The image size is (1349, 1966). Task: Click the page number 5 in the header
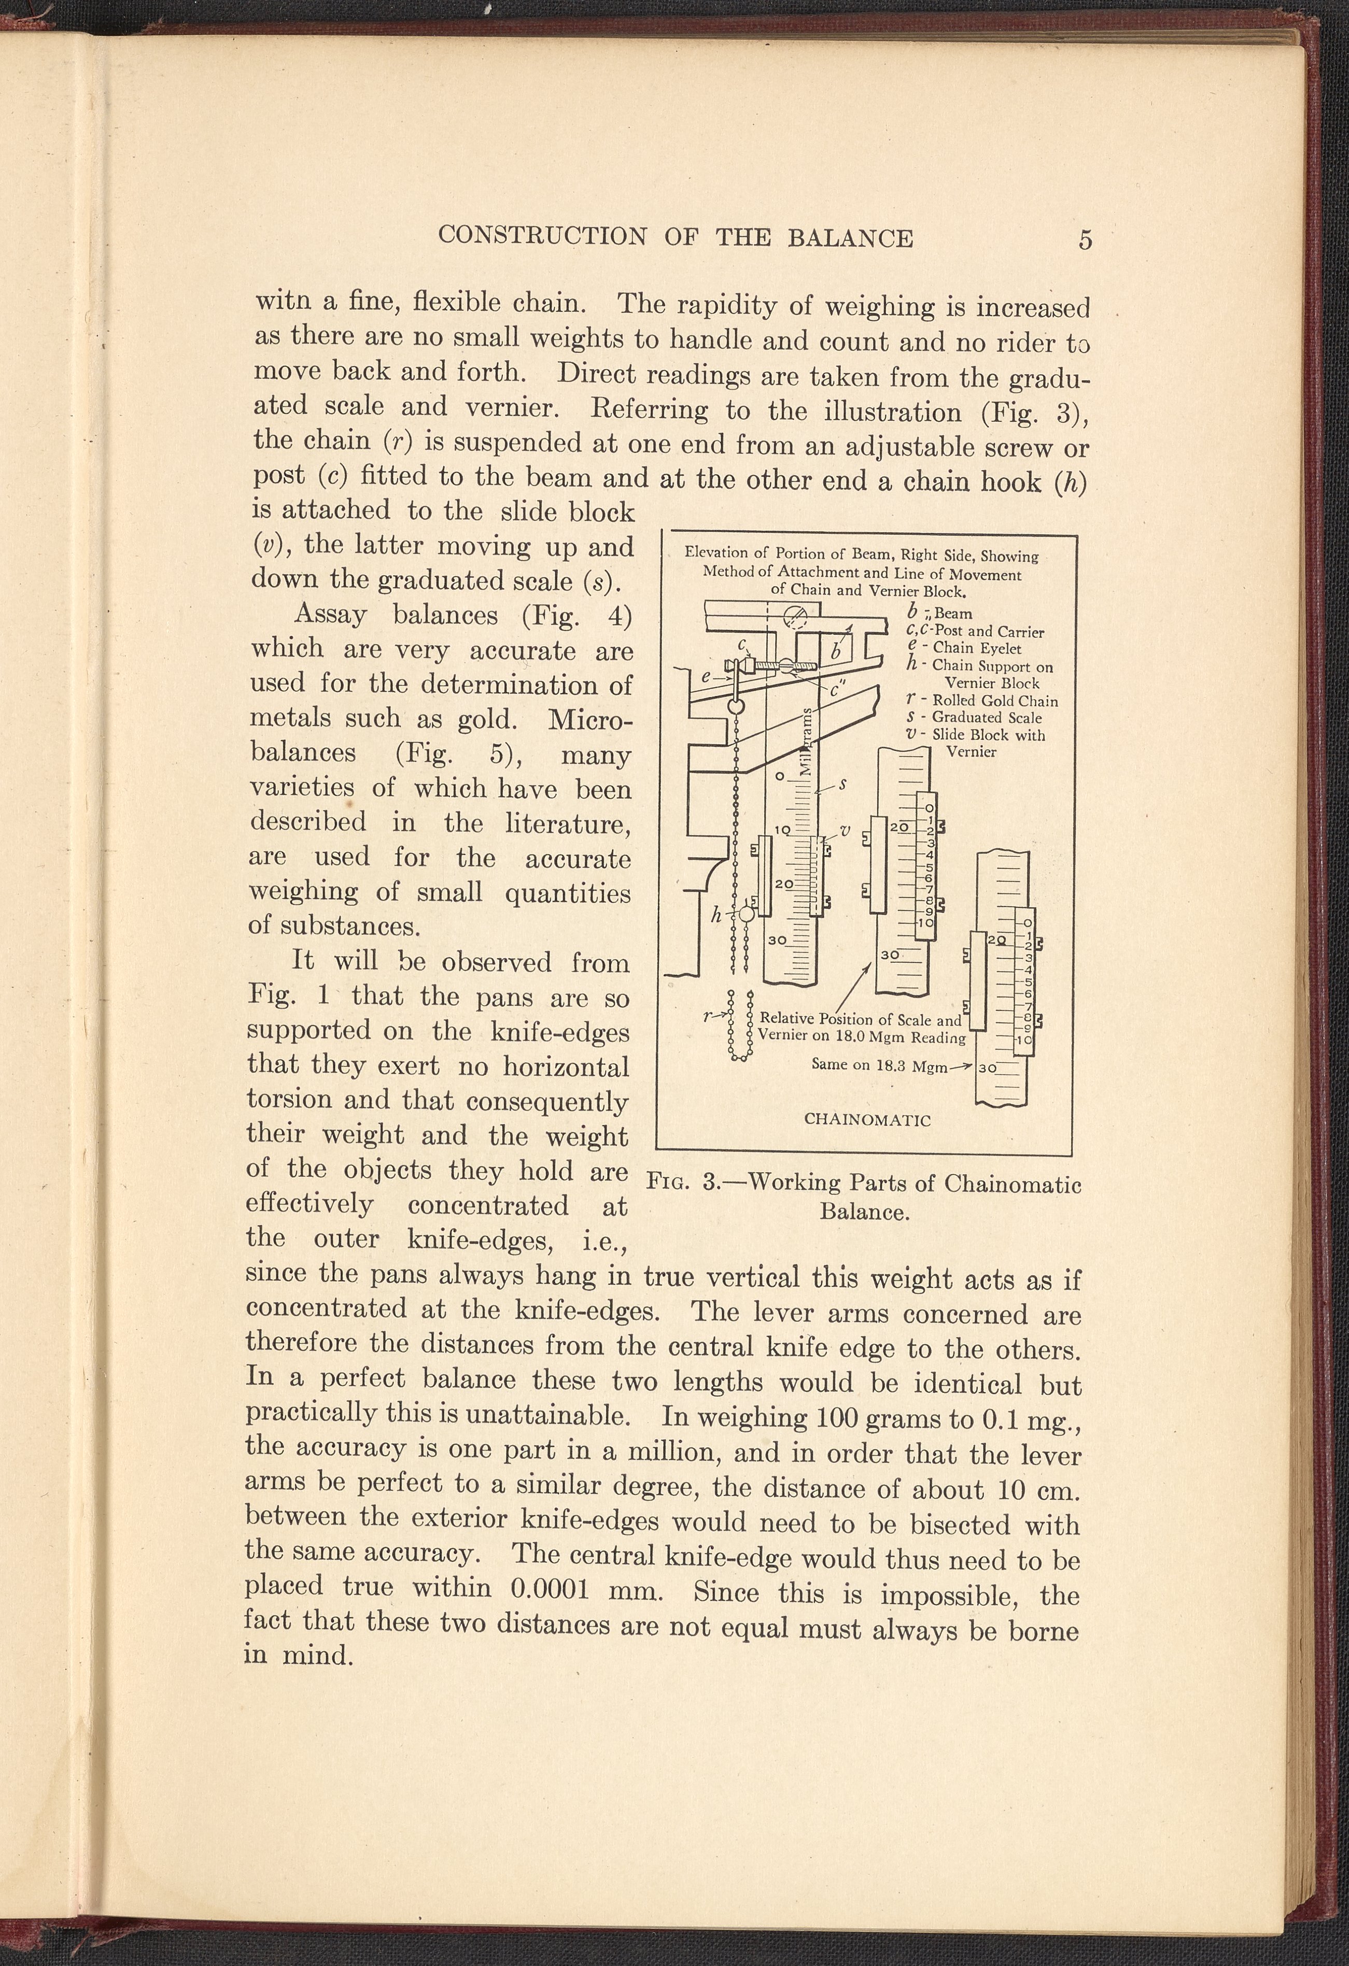click(1086, 239)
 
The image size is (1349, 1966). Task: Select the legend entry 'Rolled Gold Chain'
click(994, 701)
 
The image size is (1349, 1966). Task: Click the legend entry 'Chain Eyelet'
click(977, 649)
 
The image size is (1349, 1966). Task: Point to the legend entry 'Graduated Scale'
click(986, 717)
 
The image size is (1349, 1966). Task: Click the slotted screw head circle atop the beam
click(795, 616)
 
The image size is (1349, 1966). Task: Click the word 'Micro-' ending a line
click(590, 721)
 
